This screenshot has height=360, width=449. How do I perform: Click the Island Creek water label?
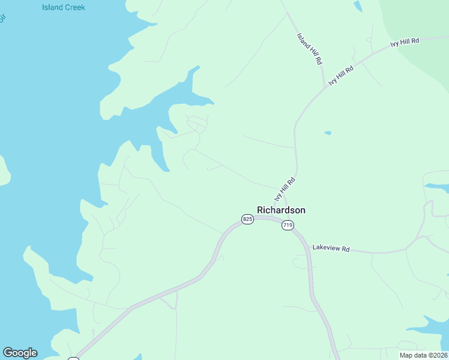pos(64,8)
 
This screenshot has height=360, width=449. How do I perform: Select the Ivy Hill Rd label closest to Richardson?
pos(285,188)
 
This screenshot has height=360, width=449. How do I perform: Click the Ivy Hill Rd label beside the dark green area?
pos(405,41)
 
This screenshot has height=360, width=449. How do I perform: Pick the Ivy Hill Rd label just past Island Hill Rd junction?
pos(341,76)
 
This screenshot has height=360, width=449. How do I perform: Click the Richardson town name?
pos(281,210)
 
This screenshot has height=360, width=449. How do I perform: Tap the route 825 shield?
pos(247,219)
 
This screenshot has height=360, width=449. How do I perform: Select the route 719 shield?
pos(288,225)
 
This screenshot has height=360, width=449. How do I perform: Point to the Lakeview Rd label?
pos(330,248)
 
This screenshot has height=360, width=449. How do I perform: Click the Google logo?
pos(20,353)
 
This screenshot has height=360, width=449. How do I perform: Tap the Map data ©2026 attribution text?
pos(423,355)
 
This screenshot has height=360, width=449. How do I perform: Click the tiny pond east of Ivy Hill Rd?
pos(327,133)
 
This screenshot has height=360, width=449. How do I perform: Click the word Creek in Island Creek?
pos(75,8)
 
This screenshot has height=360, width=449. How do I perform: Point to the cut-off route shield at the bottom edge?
pos(73,358)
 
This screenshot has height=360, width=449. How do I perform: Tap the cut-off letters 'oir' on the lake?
pos(2,17)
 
